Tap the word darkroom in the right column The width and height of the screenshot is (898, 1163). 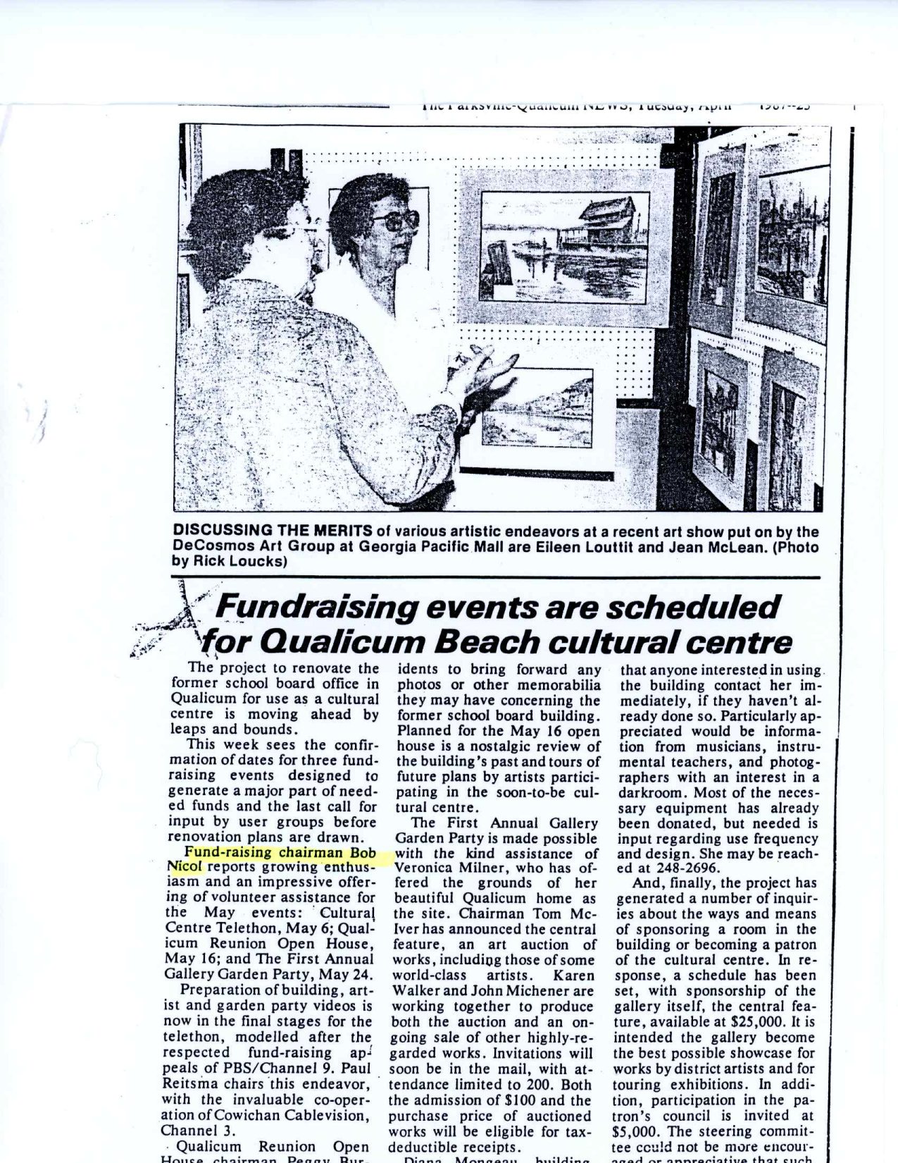[650, 792]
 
